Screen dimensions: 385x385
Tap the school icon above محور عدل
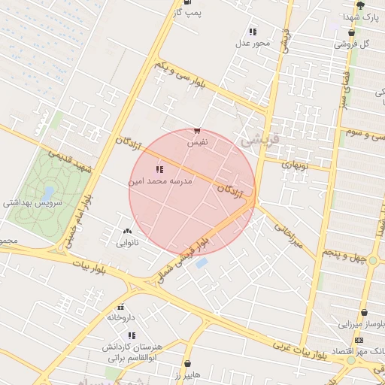[x=252, y=32]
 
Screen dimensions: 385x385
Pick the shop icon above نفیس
[x=197, y=130]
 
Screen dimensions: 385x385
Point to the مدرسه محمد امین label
[x=161, y=181]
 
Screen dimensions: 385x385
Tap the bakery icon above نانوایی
[x=126, y=232]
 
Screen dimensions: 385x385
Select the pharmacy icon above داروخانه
[x=120, y=307]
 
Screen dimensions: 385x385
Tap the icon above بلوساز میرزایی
[x=365, y=312]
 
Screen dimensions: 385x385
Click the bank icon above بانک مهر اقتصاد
[x=358, y=340]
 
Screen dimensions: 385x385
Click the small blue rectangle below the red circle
[x=202, y=263]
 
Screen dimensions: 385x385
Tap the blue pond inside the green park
[x=50, y=193]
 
